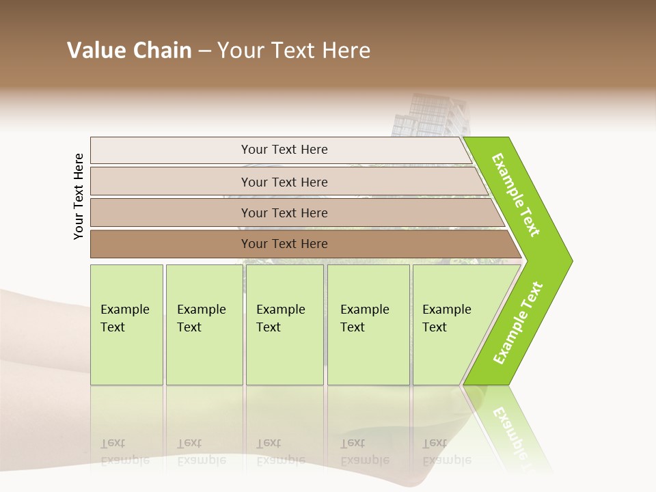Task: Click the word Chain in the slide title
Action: [163, 51]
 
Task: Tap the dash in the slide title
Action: [204, 51]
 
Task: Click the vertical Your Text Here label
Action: [79, 196]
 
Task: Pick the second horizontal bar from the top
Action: [284, 182]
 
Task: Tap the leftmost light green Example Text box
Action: [126, 325]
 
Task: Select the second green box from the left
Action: [204, 325]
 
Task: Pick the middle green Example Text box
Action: [284, 325]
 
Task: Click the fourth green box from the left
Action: [368, 325]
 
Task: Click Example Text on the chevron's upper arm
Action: [517, 195]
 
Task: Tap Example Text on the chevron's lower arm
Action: [518, 323]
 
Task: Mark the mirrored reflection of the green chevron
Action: [509, 427]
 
